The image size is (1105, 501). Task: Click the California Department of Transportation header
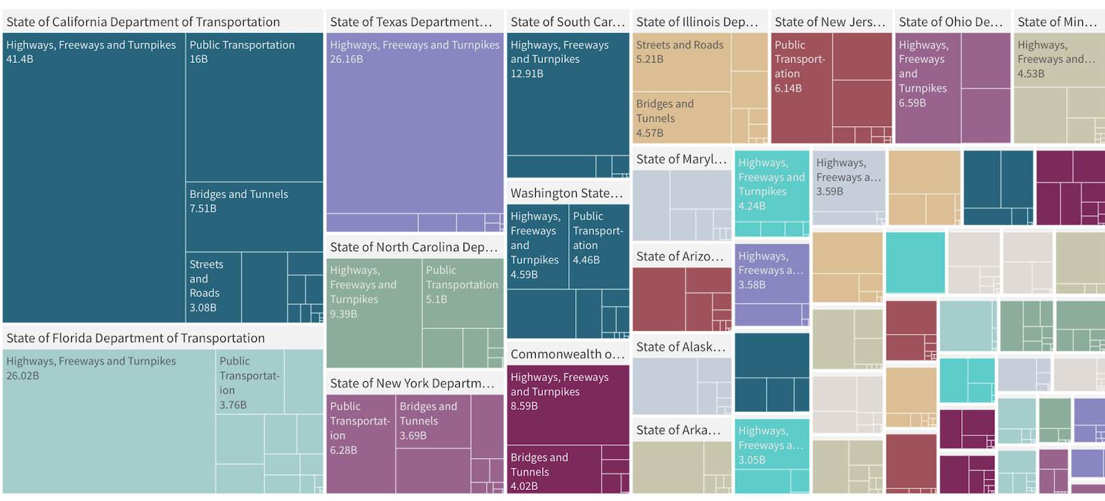143,22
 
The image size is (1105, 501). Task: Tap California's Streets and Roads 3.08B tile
213,287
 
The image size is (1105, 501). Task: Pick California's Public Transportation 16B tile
254,107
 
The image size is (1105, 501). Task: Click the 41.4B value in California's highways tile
20,59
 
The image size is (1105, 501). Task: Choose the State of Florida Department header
135,338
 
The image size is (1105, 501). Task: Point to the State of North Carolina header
413,247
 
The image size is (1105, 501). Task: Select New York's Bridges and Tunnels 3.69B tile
433,421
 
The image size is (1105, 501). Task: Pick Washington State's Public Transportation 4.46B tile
599,246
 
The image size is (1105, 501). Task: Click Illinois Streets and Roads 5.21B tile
681,61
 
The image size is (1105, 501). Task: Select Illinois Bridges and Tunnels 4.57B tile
681,117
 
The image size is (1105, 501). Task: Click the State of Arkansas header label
678,431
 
